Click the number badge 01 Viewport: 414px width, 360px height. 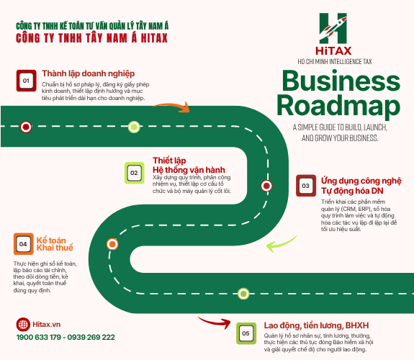[x=26, y=81]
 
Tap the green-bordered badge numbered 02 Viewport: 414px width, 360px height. [x=134, y=173]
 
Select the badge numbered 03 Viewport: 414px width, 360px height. [x=306, y=186]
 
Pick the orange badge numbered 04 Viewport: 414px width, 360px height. [x=24, y=244]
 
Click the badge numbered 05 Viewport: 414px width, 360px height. [x=246, y=333]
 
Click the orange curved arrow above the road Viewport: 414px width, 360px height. [x=173, y=106]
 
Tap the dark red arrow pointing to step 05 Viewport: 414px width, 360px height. [x=215, y=322]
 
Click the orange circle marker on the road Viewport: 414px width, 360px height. [x=112, y=244]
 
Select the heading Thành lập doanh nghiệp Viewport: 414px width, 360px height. [x=88, y=73]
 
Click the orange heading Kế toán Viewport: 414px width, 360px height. [x=51, y=240]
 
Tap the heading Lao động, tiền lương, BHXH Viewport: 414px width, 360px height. [x=316, y=325]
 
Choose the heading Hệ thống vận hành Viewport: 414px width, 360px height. [x=189, y=170]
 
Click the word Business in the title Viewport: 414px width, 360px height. [x=341, y=81]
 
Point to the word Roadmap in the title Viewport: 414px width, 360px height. [x=338, y=106]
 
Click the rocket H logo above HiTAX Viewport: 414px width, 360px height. [x=333, y=28]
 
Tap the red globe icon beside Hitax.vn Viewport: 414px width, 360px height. [x=23, y=324]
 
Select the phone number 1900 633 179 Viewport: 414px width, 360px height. [x=39, y=337]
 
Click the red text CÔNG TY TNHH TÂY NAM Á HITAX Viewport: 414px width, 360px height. [x=91, y=38]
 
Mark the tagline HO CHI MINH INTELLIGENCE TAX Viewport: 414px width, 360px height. [x=335, y=62]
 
